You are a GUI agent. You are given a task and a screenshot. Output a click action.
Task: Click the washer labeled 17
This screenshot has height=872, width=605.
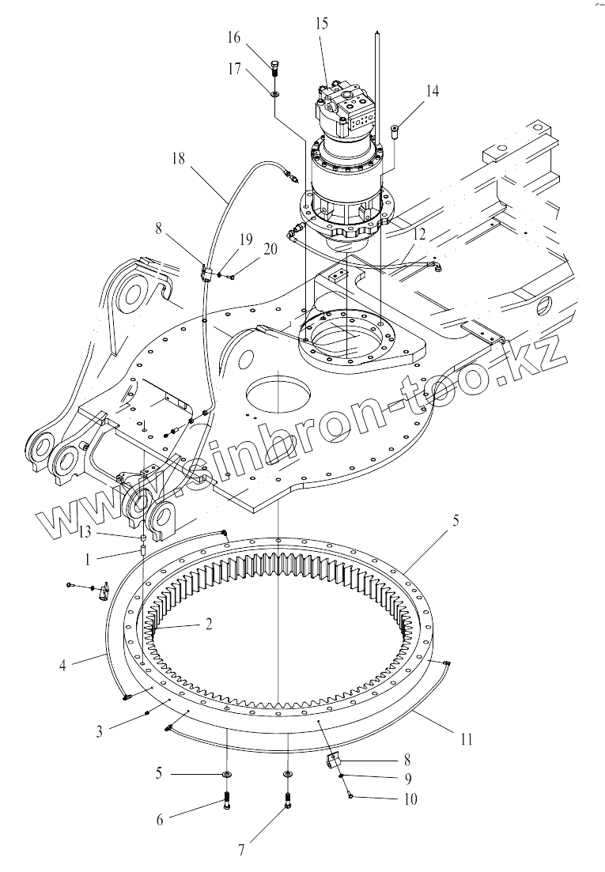[274, 94]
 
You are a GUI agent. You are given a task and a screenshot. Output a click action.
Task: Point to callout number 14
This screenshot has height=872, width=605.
[431, 92]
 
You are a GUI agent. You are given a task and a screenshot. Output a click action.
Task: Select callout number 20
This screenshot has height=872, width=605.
[270, 249]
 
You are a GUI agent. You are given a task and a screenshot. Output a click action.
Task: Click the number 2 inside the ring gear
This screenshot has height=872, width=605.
[208, 625]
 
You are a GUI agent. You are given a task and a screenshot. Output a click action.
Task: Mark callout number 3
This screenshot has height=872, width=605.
[99, 731]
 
